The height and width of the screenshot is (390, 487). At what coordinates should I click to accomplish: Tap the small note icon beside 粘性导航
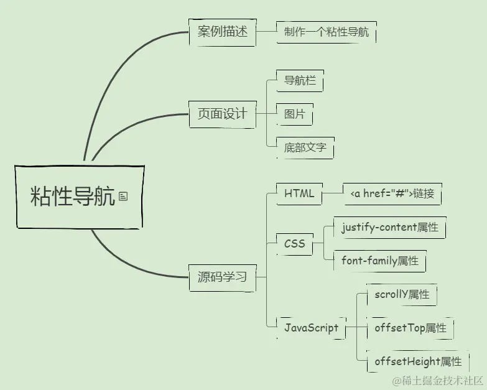[123, 197]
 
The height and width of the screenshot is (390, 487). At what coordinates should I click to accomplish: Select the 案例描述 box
[222, 32]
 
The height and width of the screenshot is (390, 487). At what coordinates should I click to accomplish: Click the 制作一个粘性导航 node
[326, 32]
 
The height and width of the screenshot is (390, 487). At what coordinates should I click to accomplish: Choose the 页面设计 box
[222, 114]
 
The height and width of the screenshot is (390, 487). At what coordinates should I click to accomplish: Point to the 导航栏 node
[300, 81]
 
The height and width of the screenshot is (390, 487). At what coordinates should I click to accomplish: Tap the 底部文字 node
[305, 149]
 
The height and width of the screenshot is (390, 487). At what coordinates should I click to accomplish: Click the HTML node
[299, 193]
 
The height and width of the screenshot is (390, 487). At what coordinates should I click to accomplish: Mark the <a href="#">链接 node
[392, 194]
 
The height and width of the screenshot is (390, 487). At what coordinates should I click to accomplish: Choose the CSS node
[294, 244]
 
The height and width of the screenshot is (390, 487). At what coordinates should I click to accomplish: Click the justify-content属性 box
[390, 228]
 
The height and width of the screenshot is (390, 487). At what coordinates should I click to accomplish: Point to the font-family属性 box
[379, 261]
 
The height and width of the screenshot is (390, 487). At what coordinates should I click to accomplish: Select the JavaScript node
[311, 328]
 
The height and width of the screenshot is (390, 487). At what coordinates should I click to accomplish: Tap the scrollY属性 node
[402, 295]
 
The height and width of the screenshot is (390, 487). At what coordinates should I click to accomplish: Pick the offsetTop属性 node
[410, 328]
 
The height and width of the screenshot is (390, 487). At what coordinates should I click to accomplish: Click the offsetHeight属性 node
[418, 361]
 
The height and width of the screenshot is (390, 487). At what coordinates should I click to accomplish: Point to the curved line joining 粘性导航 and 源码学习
[124, 261]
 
